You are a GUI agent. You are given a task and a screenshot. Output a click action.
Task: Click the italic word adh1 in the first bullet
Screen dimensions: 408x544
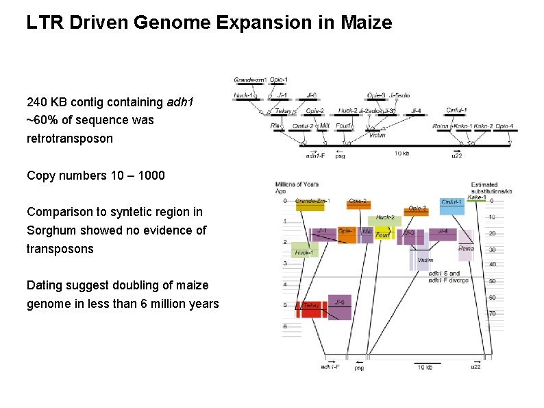tap(180, 102)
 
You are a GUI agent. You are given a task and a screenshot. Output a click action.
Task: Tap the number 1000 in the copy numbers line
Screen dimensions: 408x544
tap(151, 175)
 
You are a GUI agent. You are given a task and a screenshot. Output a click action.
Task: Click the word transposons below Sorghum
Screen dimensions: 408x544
tap(60, 248)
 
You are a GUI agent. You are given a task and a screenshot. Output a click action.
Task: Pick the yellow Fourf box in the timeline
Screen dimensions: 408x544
tap(383, 234)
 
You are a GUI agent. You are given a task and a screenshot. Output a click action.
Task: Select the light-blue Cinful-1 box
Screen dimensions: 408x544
tap(452, 205)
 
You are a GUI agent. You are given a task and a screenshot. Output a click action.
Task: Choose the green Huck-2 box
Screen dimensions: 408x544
tap(384, 219)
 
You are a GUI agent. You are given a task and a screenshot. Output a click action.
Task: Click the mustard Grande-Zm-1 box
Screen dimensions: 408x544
tap(310, 204)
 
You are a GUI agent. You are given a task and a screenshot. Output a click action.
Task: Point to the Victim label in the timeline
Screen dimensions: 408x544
tap(425, 260)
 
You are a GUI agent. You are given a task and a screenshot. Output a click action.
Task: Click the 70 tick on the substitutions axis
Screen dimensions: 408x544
tap(492, 313)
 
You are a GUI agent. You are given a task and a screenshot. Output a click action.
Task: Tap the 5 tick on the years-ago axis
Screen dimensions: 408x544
tap(285, 305)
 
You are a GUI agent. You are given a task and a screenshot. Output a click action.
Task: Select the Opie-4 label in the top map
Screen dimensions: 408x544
tap(504, 126)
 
